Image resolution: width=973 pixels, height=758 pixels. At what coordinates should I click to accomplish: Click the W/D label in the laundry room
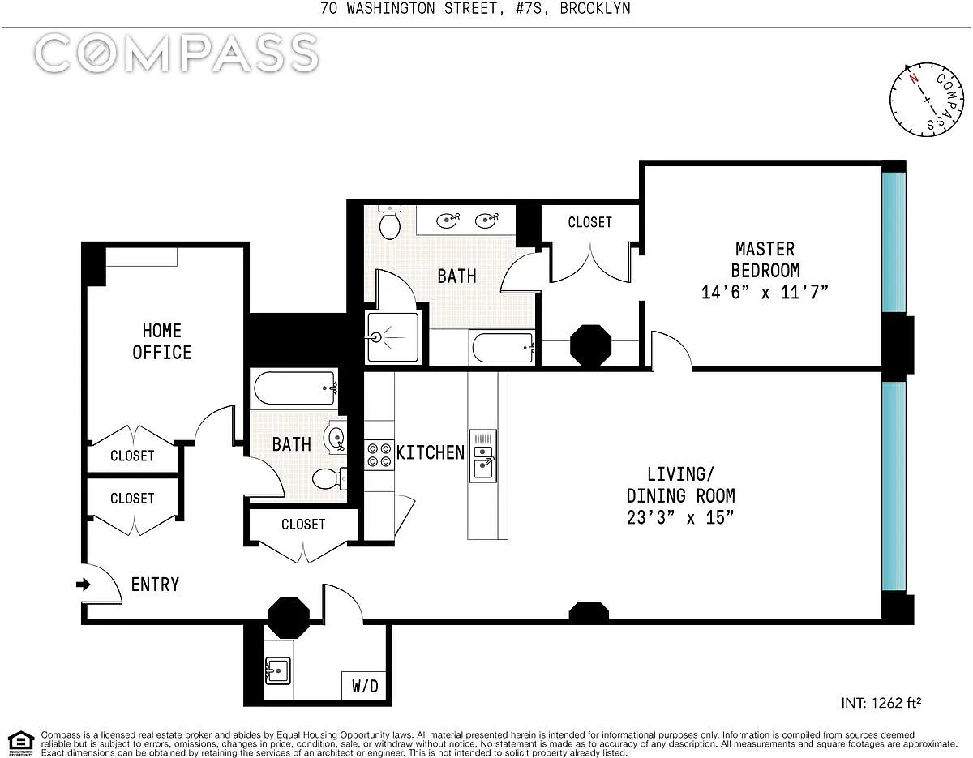(365, 686)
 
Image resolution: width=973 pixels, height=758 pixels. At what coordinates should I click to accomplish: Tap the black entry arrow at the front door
(84, 585)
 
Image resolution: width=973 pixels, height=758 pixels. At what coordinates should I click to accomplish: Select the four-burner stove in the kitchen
(379, 455)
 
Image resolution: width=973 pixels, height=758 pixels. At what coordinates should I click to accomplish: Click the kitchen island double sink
(482, 456)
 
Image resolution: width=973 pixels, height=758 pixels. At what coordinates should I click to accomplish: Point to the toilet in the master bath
(389, 222)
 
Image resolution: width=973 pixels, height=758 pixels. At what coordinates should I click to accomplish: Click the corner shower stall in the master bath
(392, 337)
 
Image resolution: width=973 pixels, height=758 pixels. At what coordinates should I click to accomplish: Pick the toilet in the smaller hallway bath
(329, 478)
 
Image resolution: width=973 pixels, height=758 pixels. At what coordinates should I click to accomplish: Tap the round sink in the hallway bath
(336, 436)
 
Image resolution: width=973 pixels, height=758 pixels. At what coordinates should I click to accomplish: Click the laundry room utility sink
(277, 670)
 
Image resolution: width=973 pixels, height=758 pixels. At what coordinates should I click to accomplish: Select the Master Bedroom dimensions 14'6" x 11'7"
(765, 293)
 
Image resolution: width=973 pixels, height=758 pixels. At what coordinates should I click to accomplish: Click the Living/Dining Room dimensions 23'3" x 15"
(680, 517)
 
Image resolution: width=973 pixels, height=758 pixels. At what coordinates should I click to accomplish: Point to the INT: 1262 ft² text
(881, 703)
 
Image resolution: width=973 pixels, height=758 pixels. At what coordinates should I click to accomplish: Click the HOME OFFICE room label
(161, 341)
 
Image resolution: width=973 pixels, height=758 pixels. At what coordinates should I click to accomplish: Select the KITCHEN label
(431, 452)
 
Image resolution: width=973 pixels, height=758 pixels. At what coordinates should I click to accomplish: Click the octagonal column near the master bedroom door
(590, 345)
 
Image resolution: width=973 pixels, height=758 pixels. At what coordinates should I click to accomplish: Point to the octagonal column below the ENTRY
(289, 618)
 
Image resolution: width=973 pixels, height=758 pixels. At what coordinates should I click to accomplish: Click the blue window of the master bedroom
(894, 242)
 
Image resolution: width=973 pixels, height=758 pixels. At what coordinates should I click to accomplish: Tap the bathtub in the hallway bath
(295, 388)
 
